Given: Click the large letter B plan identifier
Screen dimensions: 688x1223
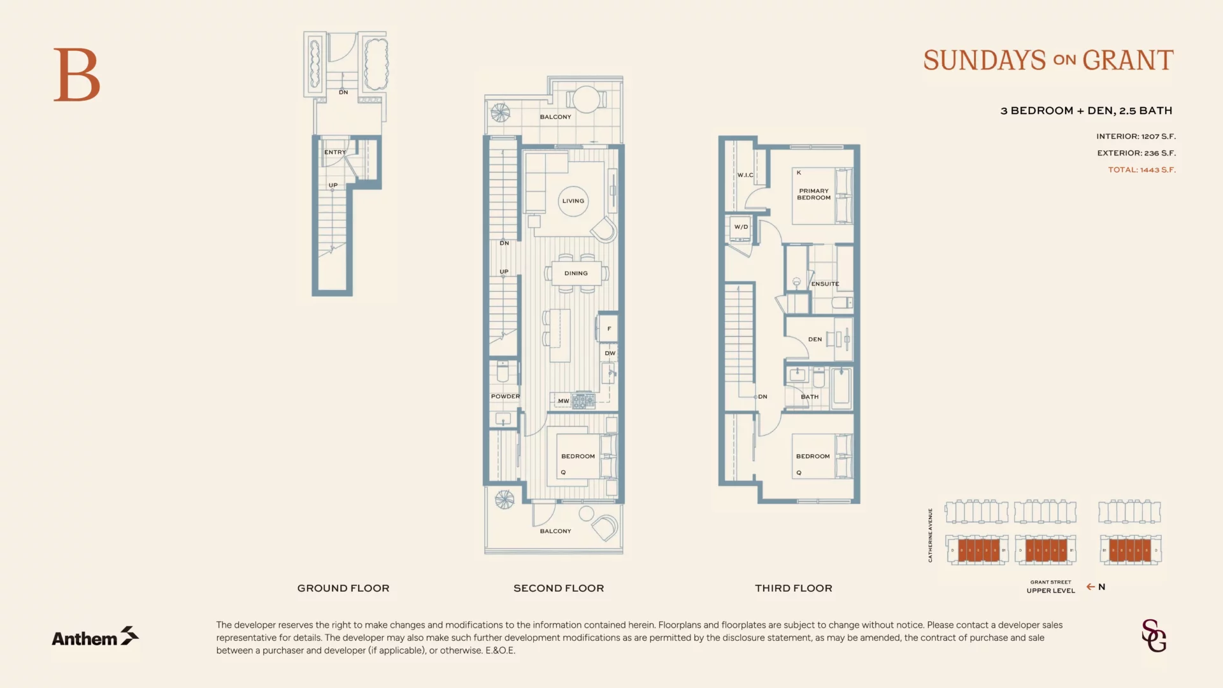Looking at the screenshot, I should (76, 75).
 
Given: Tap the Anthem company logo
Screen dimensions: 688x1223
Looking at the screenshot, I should (95, 636).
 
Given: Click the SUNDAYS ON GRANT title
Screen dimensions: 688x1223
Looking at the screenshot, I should (1048, 61).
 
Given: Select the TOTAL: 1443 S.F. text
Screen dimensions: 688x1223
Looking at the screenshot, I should (1141, 170).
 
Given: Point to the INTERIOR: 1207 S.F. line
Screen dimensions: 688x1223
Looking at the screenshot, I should (1136, 136).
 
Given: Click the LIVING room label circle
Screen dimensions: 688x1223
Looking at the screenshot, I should (573, 201).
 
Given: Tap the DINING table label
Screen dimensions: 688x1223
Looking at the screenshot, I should (576, 273).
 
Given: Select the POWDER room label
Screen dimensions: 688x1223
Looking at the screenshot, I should (505, 396).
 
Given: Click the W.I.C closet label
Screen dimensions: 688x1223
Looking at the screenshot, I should (745, 175).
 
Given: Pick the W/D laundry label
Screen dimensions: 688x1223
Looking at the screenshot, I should (741, 227).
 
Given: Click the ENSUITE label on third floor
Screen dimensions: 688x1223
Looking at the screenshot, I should (825, 284).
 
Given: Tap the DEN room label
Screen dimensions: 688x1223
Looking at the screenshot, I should (815, 340).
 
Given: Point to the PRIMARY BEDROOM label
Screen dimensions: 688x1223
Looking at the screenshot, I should (814, 194).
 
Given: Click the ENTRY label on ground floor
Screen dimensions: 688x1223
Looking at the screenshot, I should (335, 152).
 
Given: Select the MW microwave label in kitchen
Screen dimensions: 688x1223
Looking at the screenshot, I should (563, 401).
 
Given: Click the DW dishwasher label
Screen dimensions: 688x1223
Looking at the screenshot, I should (610, 354).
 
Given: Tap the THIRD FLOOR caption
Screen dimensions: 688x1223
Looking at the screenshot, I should (793, 589).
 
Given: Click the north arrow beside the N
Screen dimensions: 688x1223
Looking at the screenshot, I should (1091, 587).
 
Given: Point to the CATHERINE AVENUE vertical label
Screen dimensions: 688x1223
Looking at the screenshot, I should (930, 535).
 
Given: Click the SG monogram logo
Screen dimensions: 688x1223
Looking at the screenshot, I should (1154, 636).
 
